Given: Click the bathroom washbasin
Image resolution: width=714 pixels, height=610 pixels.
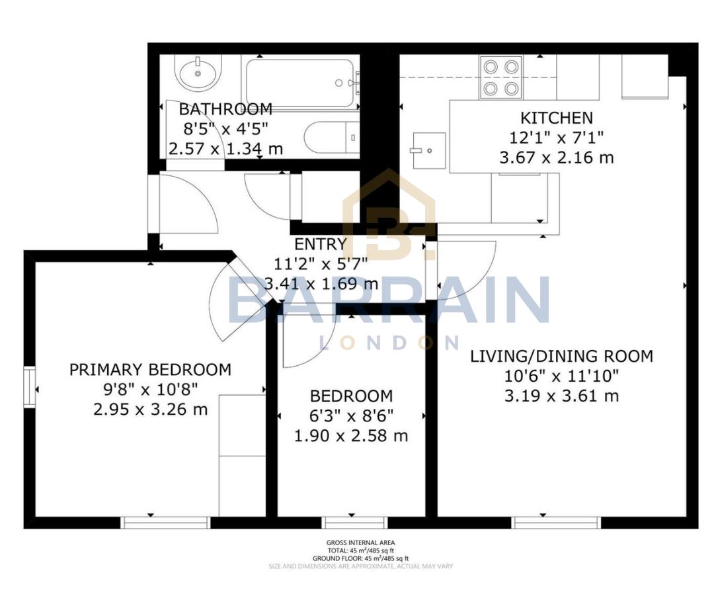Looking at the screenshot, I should [198, 73].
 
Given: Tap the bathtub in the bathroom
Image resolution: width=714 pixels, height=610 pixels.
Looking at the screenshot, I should [301, 83].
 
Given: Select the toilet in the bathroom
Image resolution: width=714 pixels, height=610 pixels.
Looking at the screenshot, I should [331, 138].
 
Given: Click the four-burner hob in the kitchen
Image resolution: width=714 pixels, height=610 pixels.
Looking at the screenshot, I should [501, 77].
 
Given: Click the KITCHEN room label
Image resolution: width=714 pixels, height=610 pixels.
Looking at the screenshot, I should [557, 118].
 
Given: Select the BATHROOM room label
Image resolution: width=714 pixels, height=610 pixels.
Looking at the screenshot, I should [225, 109].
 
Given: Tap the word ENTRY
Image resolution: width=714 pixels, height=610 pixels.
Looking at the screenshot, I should [321, 244].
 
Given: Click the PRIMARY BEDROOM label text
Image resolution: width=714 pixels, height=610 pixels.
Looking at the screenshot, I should [151, 369].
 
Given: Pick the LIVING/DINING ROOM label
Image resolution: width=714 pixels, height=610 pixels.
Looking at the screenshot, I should [561, 356].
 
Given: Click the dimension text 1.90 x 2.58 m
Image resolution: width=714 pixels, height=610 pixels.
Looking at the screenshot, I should [351, 436].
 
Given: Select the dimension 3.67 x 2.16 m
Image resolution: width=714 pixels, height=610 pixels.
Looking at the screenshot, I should [557, 158].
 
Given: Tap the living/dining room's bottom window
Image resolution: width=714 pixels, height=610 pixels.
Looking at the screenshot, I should [557, 523].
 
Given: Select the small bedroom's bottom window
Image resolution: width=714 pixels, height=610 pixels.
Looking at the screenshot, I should [354, 523].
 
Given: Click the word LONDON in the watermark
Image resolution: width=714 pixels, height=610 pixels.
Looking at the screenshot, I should [389, 342].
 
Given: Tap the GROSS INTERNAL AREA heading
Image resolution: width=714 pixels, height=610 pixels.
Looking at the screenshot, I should [360, 543].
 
